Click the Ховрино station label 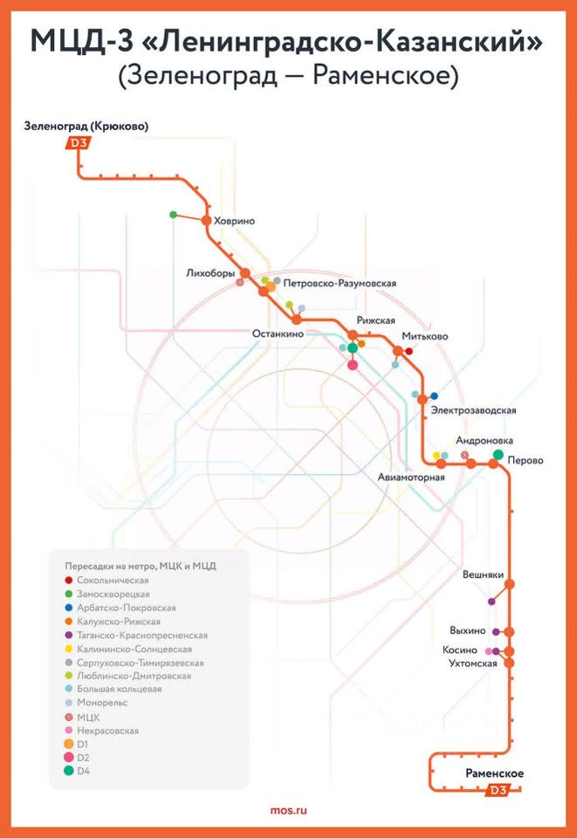coord(234,221)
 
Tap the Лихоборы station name coord(210,273)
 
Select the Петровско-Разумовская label coord(340,283)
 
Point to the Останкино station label coord(278,334)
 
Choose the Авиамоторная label coord(411,477)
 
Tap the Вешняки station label coord(483,574)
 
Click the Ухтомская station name coord(473,663)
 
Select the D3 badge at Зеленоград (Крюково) coord(78,142)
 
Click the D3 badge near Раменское coord(498,789)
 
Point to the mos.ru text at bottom coord(288,810)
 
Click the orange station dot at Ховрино coord(206,220)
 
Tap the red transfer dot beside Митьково coord(409,351)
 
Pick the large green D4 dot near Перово coord(498,454)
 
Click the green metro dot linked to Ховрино coord(173,215)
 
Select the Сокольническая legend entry coord(106,580)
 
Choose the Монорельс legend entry coord(96,703)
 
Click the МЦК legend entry coord(82,718)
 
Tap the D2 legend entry coord(77,758)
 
